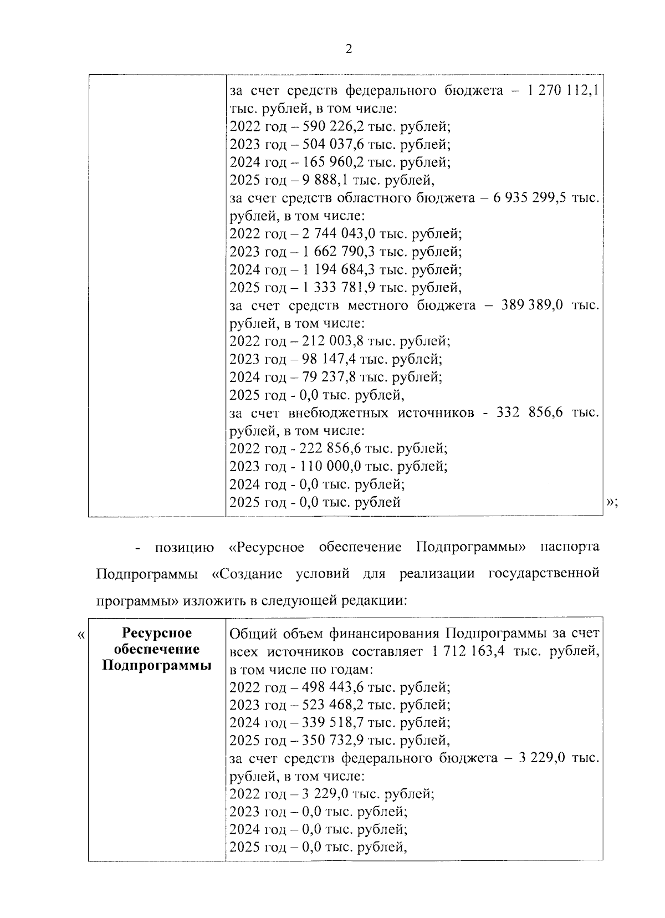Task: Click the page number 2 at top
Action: [348, 49]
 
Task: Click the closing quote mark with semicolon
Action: [612, 502]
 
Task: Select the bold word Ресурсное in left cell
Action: [157, 633]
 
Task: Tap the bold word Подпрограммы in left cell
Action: [157, 665]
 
